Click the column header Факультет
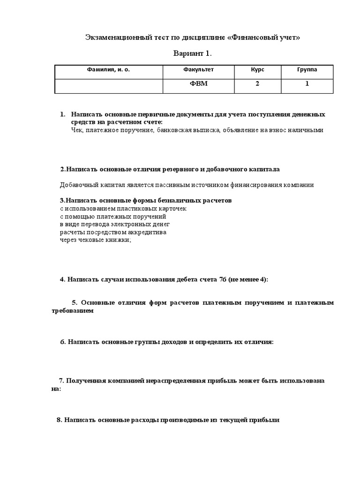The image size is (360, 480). [x=198, y=69]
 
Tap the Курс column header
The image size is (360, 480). [x=257, y=69]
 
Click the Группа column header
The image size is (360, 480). [x=307, y=69]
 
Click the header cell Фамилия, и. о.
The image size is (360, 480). [x=108, y=69]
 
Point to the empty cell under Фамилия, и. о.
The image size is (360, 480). [x=108, y=86]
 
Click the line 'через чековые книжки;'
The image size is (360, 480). [x=96, y=240]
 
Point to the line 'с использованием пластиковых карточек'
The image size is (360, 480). [x=117, y=208]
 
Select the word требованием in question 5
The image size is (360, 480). [x=73, y=310]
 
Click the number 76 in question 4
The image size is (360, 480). [x=223, y=279]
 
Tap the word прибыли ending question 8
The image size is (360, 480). [x=266, y=420]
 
